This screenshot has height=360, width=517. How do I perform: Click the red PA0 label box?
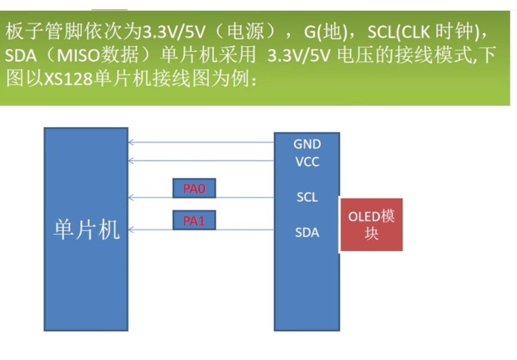194,188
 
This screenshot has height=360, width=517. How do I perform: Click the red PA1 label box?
194,220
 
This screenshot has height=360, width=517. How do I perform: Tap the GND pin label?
307,144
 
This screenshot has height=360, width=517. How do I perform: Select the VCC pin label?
307,162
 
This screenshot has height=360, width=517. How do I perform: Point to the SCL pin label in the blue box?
307,197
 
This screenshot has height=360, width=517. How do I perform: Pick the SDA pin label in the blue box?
307,233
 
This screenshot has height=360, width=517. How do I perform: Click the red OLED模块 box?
371,225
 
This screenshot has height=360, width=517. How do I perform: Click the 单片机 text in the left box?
86,230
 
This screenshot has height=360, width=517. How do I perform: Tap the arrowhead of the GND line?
130,143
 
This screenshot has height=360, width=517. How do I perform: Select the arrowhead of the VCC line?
130,161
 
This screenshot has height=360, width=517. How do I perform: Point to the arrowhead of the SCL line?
130,198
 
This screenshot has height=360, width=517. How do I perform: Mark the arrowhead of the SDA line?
130,230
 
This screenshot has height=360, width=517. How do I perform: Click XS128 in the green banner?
68,79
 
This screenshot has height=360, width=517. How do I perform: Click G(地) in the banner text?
326,32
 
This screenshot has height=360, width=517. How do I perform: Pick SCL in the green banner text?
380,32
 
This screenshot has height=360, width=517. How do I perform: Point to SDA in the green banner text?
20,56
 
